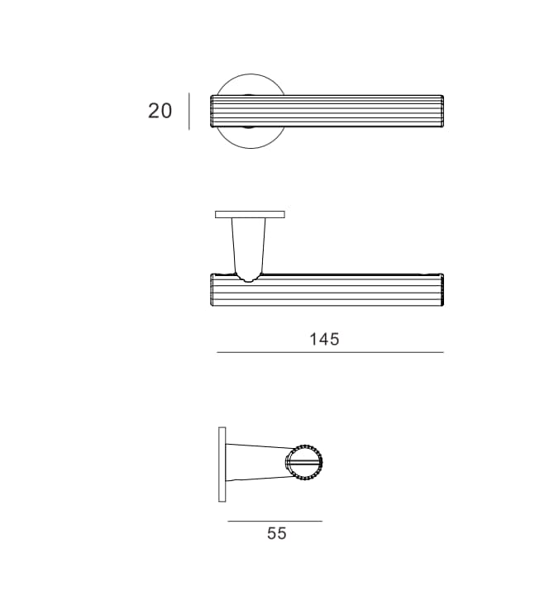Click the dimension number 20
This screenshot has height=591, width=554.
(x=160, y=111)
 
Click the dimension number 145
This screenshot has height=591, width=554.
(x=324, y=339)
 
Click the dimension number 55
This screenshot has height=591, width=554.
(x=277, y=533)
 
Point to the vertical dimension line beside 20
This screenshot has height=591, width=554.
(x=189, y=112)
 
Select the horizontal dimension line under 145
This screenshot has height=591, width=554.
(x=330, y=352)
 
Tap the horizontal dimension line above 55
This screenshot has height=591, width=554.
(x=275, y=522)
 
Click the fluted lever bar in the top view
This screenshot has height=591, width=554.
(x=327, y=112)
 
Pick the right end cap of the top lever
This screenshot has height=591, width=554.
(x=442, y=112)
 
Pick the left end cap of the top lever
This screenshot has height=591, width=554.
(x=213, y=112)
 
